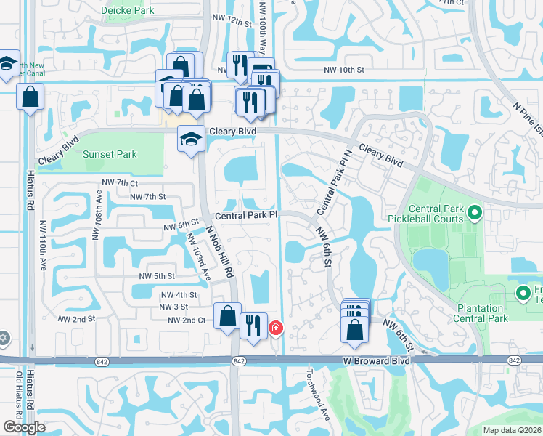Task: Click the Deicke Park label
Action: pos(128,11)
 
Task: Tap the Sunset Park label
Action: pos(110,154)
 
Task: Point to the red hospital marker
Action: pos(276,329)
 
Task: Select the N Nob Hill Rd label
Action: pos(221,251)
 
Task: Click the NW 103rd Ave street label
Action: pos(198,255)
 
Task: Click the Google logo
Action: pos(25,427)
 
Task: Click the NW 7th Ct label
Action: pos(115,183)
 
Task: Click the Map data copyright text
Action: pos(513,430)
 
